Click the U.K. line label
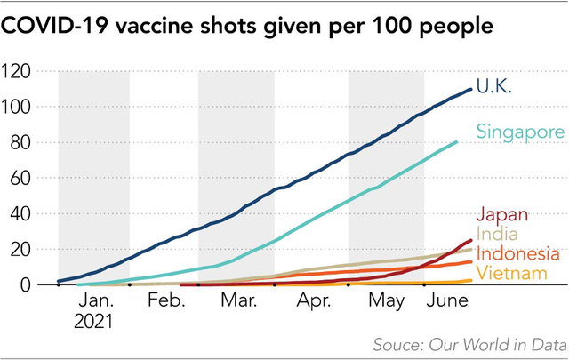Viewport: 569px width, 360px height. pyautogui.click(x=494, y=87)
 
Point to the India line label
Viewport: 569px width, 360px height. pyautogui.click(x=497, y=235)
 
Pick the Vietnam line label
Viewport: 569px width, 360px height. pyautogui.click(x=511, y=273)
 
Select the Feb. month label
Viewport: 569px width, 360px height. pyautogui.click(x=166, y=301)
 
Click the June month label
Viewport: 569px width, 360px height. pyautogui.click(x=448, y=301)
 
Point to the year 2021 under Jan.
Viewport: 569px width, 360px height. pyautogui.click(x=93, y=320)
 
